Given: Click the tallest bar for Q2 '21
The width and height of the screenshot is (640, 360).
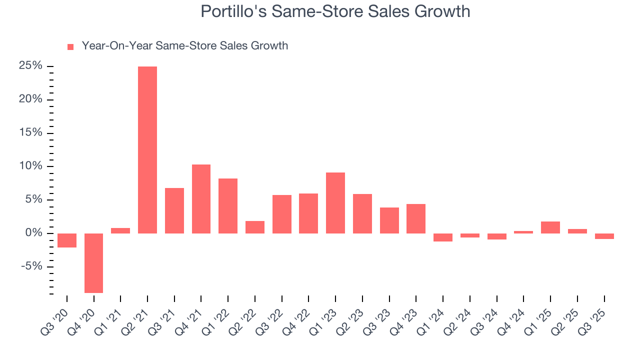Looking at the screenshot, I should [x=147, y=150].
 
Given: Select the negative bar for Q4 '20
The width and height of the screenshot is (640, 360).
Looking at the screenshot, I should [x=93, y=263].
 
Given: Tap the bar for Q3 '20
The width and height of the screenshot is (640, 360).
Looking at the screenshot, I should [x=67, y=240].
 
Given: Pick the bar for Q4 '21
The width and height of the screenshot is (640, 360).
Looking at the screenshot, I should [x=201, y=199].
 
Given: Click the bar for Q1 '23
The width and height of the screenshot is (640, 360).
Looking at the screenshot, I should [x=335, y=203].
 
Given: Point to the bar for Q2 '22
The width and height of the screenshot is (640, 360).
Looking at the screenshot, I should [x=255, y=227].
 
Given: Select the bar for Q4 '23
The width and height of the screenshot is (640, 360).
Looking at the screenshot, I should [x=416, y=219].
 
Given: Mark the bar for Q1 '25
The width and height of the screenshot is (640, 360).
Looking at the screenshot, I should [x=550, y=227].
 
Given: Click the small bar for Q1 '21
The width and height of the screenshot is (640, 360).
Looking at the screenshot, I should [x=120, y=231].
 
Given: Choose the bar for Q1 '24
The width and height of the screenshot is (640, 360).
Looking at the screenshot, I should [x=443, y=237].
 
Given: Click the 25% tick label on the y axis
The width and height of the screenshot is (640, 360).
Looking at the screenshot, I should [x=30, y=66].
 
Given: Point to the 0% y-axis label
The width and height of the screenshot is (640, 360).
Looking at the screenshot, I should [x=33, y=233].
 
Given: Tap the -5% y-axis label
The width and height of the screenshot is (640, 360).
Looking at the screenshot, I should [x=31, y=266].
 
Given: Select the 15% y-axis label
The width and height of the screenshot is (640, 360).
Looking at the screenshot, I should [x=30, y=133].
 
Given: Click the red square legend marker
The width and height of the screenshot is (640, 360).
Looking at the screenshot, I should [x=70, y=47].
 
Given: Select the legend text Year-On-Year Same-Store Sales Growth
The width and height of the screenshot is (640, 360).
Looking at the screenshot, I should [x=184, y=46].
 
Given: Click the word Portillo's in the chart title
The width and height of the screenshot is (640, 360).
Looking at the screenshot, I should [x=233, y=11].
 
